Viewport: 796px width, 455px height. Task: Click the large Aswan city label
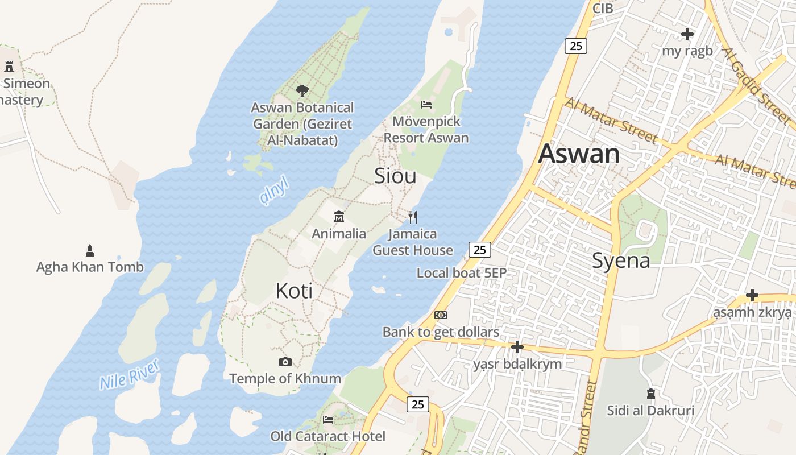(579, 154)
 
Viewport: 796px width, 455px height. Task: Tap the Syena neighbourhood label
(621, 260)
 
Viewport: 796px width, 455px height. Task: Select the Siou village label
(395, 176)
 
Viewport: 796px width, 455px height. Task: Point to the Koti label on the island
(294, 291)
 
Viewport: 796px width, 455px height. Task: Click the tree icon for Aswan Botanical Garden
(302, 90)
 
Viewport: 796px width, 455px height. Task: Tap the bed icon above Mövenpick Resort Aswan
(426, 105)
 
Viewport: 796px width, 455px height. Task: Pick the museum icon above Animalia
(339, 216)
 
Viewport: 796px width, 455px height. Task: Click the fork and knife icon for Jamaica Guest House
(413, 217)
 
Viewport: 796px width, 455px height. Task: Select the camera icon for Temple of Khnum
(285, 362)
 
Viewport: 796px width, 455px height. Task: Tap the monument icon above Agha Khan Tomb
(89, 250)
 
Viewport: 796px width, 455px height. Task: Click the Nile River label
(130, 374)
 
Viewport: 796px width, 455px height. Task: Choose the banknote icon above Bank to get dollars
(441, 315)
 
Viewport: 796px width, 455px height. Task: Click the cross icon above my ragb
(687, 34)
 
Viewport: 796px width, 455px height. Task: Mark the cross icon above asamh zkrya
(752, 295)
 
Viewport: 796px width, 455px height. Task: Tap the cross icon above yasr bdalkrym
(517, 346)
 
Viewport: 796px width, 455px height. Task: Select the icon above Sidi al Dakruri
(651, 393)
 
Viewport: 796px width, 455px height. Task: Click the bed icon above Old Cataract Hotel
(328, 420)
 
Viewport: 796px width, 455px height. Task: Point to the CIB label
(603, 9)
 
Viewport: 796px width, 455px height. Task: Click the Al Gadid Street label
(756, 85)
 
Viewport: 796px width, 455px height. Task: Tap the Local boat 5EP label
(461, 273)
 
